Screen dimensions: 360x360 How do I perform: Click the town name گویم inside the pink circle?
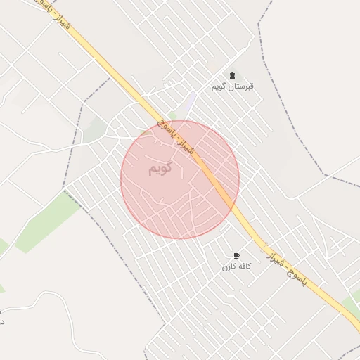tap(161, 169)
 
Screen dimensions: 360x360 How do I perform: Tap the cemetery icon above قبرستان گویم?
tap(232, 76)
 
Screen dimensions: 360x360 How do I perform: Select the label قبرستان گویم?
tap(232, 86)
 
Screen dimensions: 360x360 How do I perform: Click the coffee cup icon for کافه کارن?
tap(236, 256)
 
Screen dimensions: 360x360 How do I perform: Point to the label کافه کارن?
tap(236, 266)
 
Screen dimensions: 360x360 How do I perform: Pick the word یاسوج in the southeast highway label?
tap(307, 283)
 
